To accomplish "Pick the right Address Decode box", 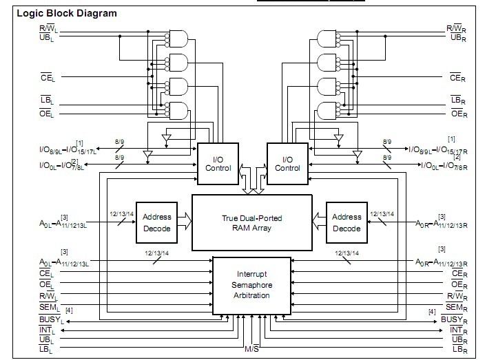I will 346,222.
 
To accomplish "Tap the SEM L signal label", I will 51,306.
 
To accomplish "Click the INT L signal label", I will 49,330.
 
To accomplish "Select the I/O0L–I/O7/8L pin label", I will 63,166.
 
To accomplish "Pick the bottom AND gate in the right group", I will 324,109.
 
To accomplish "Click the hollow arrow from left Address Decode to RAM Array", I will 184,222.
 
